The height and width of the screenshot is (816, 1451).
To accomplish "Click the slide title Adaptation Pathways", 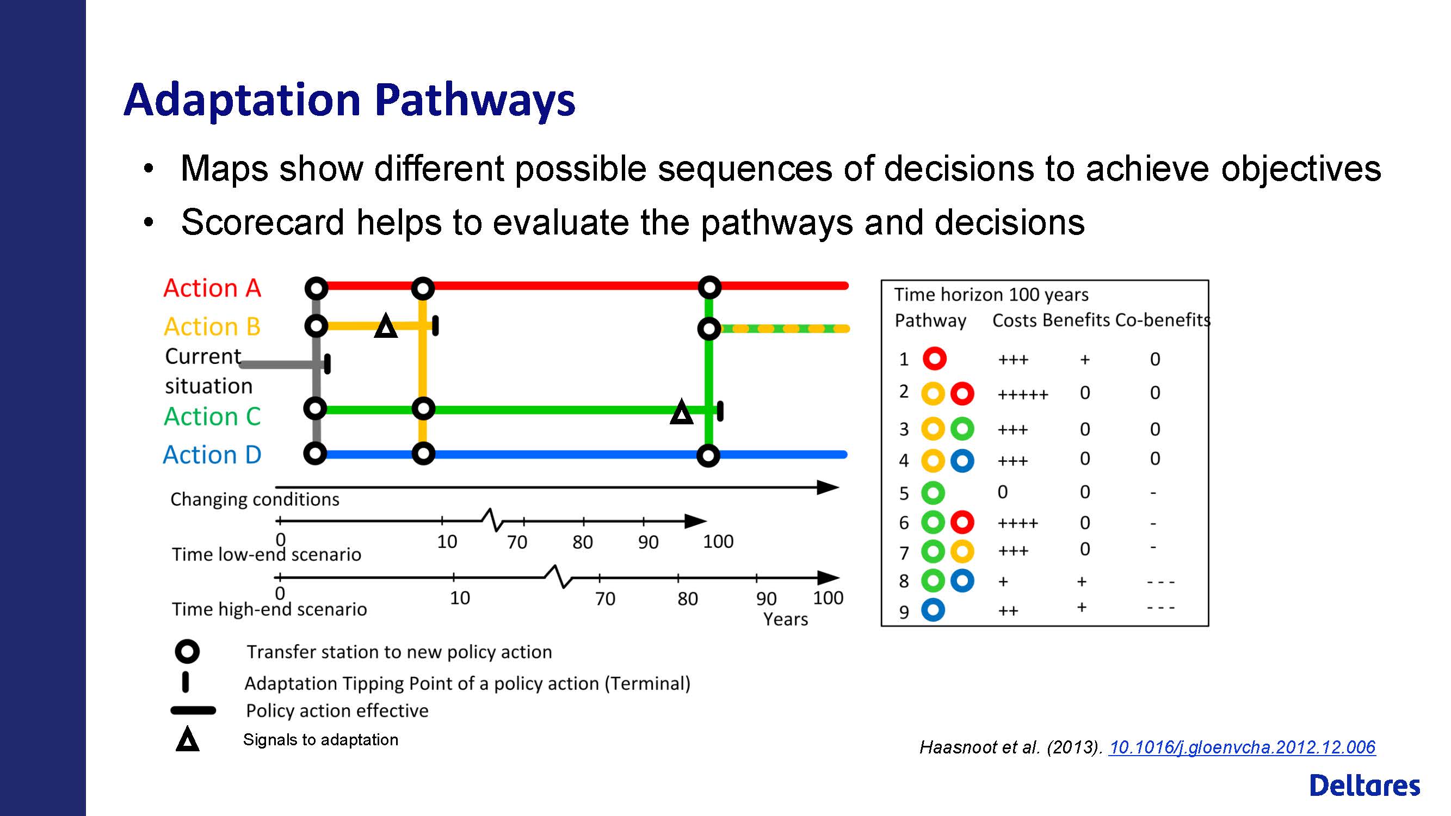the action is pyautogui.click(x=349, y=100).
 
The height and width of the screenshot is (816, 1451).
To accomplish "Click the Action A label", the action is pyautogui.click(x=212, y=288).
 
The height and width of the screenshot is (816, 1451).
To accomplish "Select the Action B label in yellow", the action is pyautogui.click(x=212, y=326).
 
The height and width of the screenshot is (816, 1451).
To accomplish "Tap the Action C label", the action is pyautogui.click(x=212, y=416).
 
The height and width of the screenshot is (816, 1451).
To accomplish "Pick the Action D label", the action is pyautogui.click(x=212, y=454).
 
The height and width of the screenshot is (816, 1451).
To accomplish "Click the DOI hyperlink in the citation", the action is pyautogui.click(x=1242, y=747).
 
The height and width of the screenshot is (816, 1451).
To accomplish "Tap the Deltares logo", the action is pyautogui.click(x=1365, y=785).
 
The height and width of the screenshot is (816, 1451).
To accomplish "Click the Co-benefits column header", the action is pyautogui.click(x=1163, y=320).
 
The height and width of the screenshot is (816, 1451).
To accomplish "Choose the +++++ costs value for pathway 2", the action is pyautogui.click(x=1023, y=394).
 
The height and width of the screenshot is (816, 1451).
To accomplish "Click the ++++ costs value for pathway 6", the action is pyautogui.click(x=1017, y=524).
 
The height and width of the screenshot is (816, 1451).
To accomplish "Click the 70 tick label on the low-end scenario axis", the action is pyautogui.click(x=516, y=542).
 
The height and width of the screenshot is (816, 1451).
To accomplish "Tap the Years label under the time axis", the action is pyautogui.click(x=785, y=619).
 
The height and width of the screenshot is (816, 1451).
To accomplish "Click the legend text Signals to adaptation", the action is pyautogui.click(x=320, y=739).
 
